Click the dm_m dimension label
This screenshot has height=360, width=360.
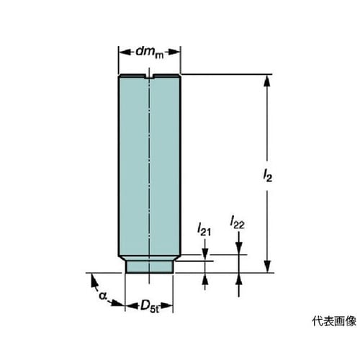(150, 53)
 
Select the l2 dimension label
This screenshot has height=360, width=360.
(267, 175)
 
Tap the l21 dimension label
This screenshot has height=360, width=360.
(204, 230)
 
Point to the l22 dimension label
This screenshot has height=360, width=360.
(237, 222)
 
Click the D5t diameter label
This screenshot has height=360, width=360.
(150, 306)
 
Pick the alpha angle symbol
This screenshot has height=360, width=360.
(103, 295)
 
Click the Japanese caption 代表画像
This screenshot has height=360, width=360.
(334, 321)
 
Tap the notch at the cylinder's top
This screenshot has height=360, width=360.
(149, 76)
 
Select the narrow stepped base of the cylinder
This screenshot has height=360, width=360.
(150, 266)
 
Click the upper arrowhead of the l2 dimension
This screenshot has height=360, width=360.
(267, 80)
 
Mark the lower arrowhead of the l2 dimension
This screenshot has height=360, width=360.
(267, 267)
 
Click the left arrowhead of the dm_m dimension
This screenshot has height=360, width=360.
(125, 52)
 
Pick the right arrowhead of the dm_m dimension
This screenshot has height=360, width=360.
(174, 52)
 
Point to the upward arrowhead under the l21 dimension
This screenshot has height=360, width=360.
(204, 279)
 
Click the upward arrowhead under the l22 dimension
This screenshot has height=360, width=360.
(238, 279)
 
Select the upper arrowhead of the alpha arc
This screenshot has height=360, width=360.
(94, 281)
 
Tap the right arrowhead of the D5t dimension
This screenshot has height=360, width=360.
(167, 306)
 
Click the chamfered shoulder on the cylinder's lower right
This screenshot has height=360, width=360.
(177, 258)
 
